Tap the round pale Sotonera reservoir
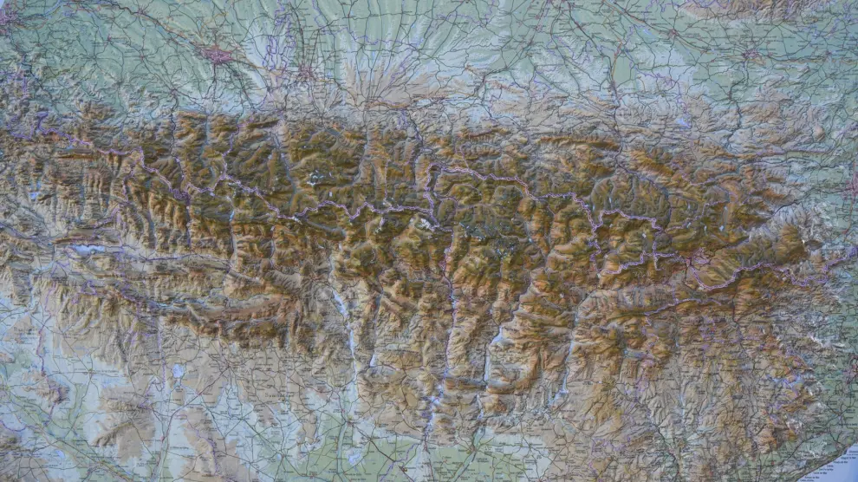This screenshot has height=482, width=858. (178, 370)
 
